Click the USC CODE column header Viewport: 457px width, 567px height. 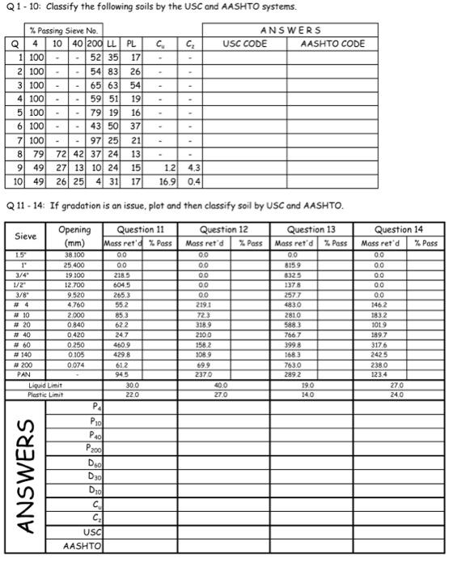coord(245,44)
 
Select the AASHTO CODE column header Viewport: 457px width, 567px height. coord(332,44)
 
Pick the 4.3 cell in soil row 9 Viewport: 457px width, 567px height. coord(191,167)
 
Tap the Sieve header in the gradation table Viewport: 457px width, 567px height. coord(26,236)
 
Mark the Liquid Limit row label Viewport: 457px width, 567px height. coord(46,386)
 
